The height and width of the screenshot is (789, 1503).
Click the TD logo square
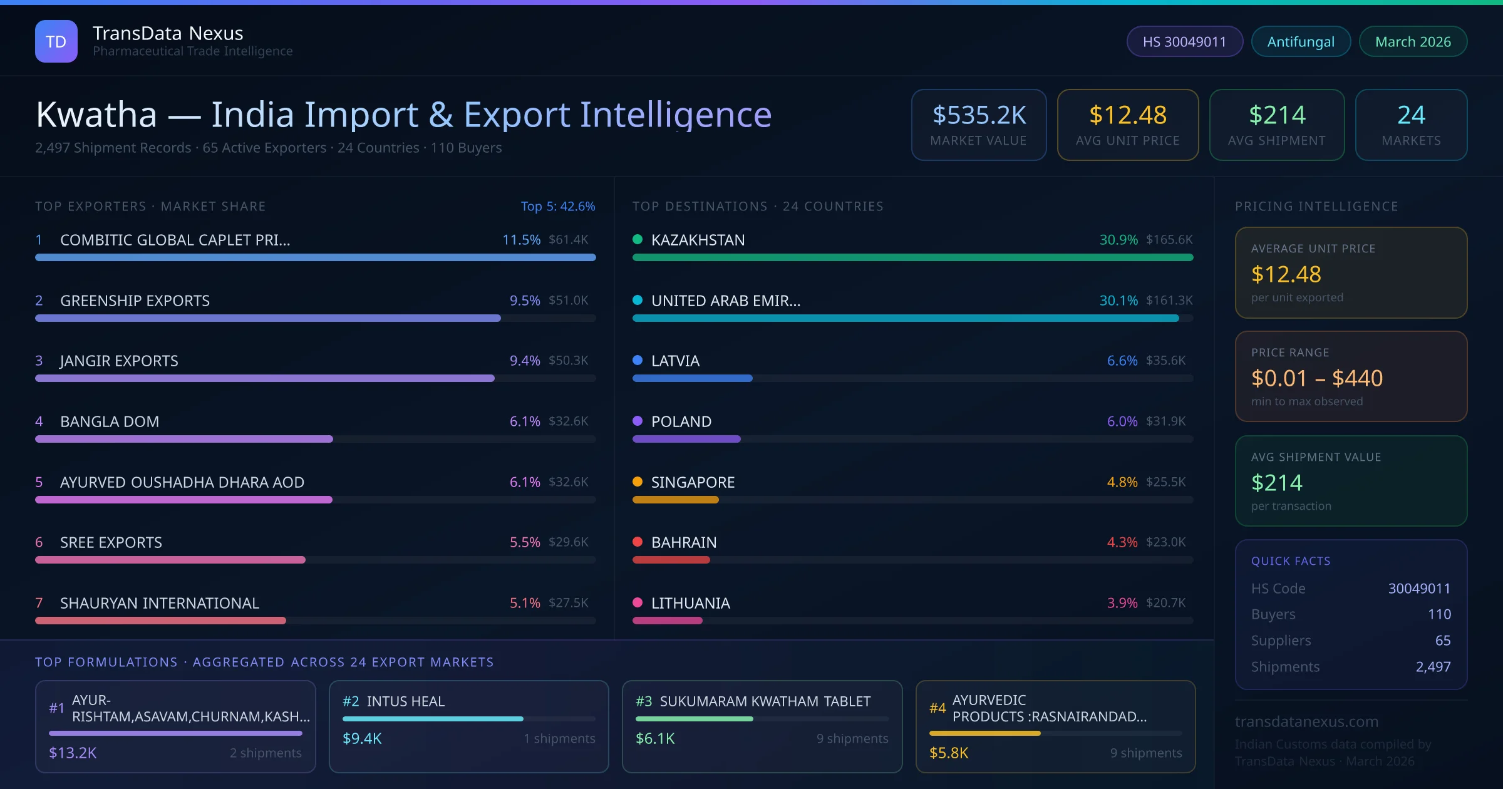[56, 41]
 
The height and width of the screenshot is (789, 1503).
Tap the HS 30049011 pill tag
[1184, 41]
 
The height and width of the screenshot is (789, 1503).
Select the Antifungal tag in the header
[1301, 41]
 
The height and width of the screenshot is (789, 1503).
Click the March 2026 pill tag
[1413, 41]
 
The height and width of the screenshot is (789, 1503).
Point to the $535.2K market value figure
[979, 115]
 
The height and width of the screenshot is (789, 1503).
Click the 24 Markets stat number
[1411, 115]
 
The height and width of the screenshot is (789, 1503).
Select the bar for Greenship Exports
[268, 318]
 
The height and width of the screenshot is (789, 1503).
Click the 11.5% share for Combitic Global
[521, 240]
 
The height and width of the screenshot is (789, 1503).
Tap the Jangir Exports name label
[119, 361]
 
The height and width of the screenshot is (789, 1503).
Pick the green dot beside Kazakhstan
[638, 239]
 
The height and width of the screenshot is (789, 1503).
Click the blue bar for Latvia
[692, 378]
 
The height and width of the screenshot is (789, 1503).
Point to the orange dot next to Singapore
[638, 482]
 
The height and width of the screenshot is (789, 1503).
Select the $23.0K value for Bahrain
[1165, 542]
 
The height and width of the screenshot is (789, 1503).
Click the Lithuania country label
[690, 603]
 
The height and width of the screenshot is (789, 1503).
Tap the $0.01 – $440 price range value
[1316, 378]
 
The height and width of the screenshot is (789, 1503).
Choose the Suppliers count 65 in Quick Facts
[1443, 640]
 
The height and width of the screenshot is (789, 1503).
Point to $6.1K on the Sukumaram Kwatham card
[655, 739]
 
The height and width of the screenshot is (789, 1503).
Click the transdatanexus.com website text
[1306, 721]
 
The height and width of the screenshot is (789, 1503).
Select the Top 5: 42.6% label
[557, 206]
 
